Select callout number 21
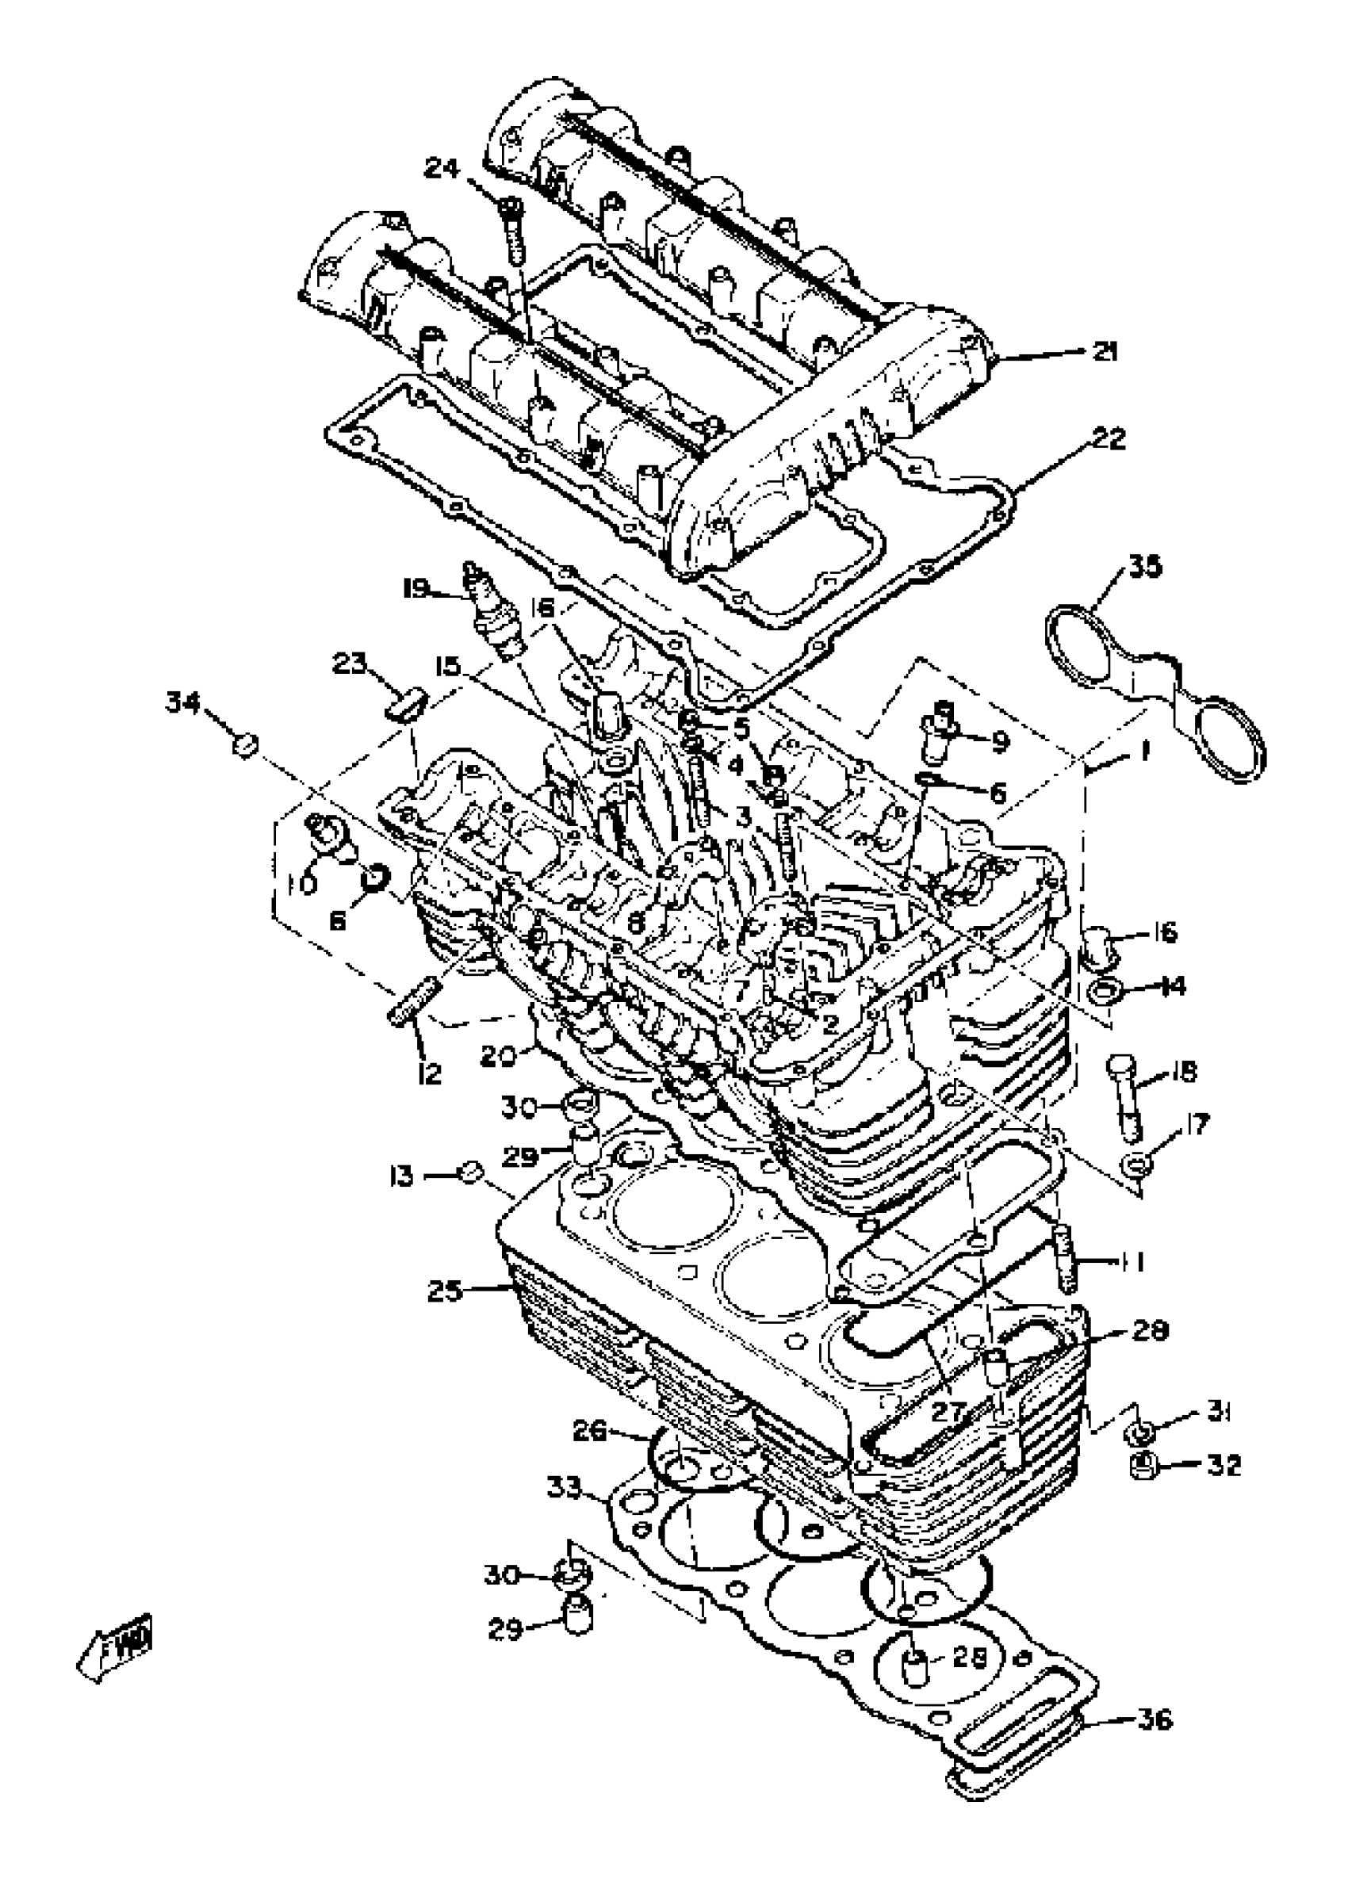[1104, 351]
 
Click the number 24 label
[442, 168]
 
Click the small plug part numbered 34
[243, 744]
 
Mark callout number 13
[401, 1176]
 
